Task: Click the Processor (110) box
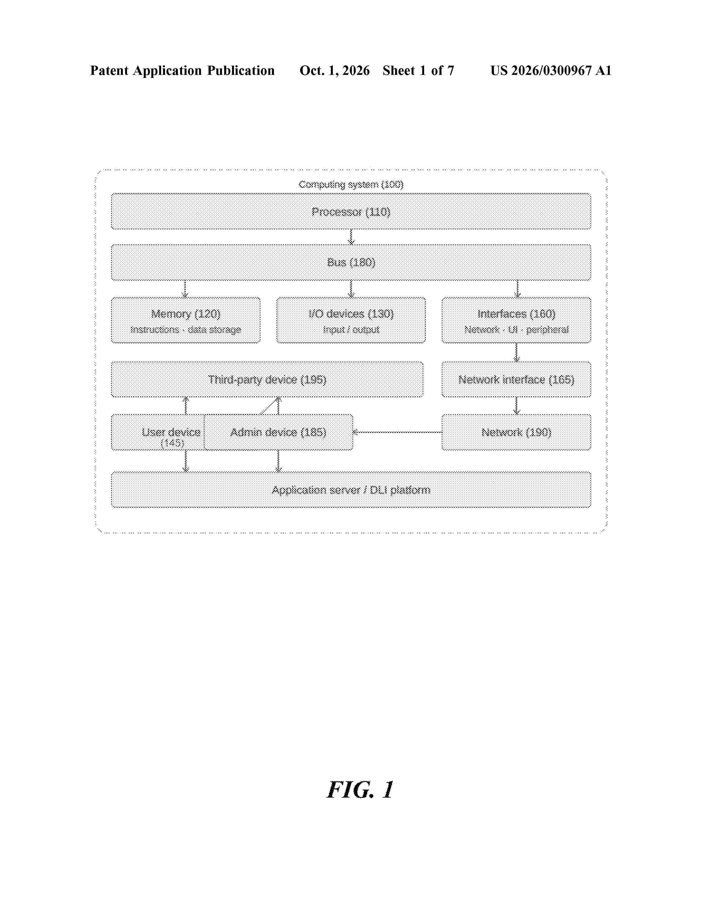coord(351,212)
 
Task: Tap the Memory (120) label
coord(186,314)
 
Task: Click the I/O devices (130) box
coord(351,320)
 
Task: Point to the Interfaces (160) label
coord(516,314)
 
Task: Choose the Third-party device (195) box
coord(267,379)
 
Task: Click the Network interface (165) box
coord(516,379)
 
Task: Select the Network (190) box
coord(516,432)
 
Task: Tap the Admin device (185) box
coord(278,432)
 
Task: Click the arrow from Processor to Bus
coord(351,237)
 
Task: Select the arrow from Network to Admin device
coord(397,432)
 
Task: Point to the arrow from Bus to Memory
coord(184,289)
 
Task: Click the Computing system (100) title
coord(351,184)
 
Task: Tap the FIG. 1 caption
coord(360,790)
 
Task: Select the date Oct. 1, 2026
coord(335,70)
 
